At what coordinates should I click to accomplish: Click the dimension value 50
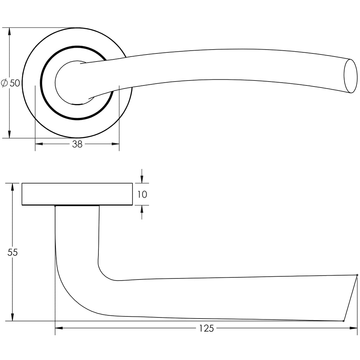click(x=15, y=83)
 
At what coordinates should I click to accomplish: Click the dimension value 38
click(x=77, y=144)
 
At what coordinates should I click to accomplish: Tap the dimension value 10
click(x=142, y=194)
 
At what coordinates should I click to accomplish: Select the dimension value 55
click(x=13, y=252)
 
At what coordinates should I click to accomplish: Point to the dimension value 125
click(x=206, y=329)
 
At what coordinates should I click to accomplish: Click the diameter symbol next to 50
click(x=4, y=83)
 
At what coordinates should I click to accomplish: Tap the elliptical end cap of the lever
click(x=351, y=76)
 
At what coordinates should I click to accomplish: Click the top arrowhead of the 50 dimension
click(x=9, y=31)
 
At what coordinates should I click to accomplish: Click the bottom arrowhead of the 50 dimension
click(x=9, y=134)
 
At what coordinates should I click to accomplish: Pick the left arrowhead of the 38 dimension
click(x=39, y=144)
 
